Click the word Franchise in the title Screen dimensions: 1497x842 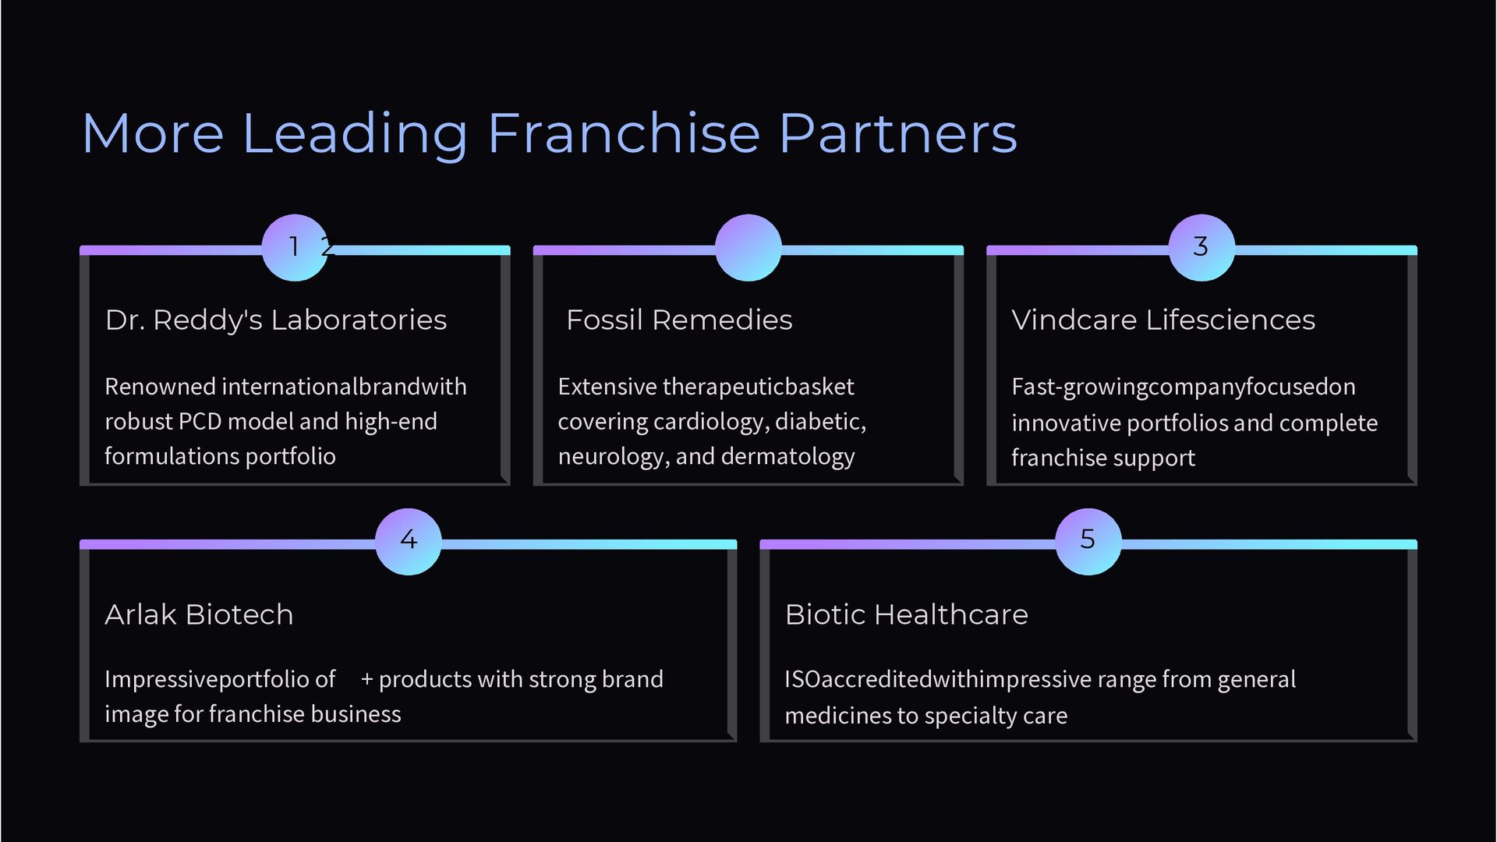(624, 133)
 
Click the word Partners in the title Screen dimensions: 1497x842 (897, 133)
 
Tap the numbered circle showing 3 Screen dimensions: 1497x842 (1201, 247)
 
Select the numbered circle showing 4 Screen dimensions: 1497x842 (409, 541)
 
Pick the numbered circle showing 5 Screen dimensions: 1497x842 (1088, 541)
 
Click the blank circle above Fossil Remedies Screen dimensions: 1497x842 (748, 247)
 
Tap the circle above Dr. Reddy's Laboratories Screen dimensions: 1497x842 (295, 247)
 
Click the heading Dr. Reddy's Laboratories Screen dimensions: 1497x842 (276, 320)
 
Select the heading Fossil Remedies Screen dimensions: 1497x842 (679, 320)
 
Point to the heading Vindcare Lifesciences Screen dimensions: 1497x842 (1163, 320)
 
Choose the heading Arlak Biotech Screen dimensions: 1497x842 (199, 614)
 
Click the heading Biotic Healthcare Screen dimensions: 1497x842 (906, 614)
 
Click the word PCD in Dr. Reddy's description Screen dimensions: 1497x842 (200, 422)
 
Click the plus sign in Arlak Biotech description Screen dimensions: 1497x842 (366, 680)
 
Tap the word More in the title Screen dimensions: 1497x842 (153, 133)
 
